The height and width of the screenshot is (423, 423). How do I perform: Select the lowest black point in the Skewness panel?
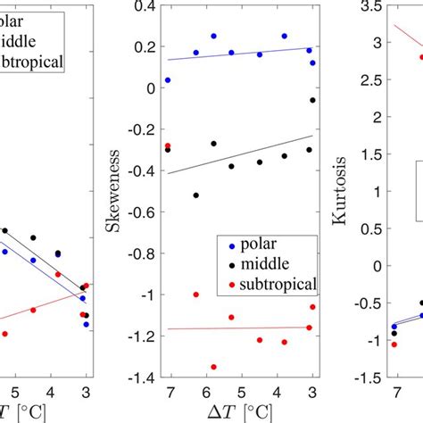click(x=196, y=195)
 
